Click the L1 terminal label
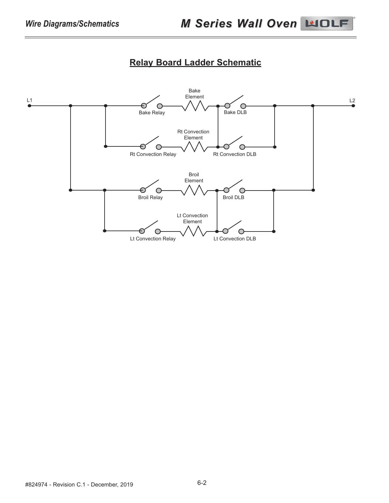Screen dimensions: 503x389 tap(30, 100)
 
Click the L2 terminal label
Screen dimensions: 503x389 tap(352, 101)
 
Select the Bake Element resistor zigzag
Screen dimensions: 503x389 tap(195, 106)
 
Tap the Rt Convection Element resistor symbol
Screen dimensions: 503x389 tap(194, 147)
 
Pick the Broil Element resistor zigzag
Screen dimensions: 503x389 tap(194, 190)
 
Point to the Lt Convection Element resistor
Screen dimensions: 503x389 tap(193, 231)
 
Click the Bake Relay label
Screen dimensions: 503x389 tap(152, 113)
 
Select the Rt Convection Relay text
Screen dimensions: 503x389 tap(153, 154)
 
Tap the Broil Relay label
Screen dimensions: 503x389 tap(150, 198)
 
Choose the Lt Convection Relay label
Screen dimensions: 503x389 tap(153, 239)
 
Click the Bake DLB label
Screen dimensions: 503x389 tap(235, 112)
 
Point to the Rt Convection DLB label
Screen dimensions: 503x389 tap(235, 154)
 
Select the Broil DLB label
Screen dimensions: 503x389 tap(234, 198)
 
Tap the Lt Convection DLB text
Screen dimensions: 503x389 tap(235, 239)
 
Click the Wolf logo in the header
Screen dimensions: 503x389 tap(327, 23)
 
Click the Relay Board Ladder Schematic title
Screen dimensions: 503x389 tap(195, 63)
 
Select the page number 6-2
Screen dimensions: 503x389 tap(202, 483)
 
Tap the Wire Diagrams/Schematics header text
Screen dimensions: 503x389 tap(72, 24)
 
